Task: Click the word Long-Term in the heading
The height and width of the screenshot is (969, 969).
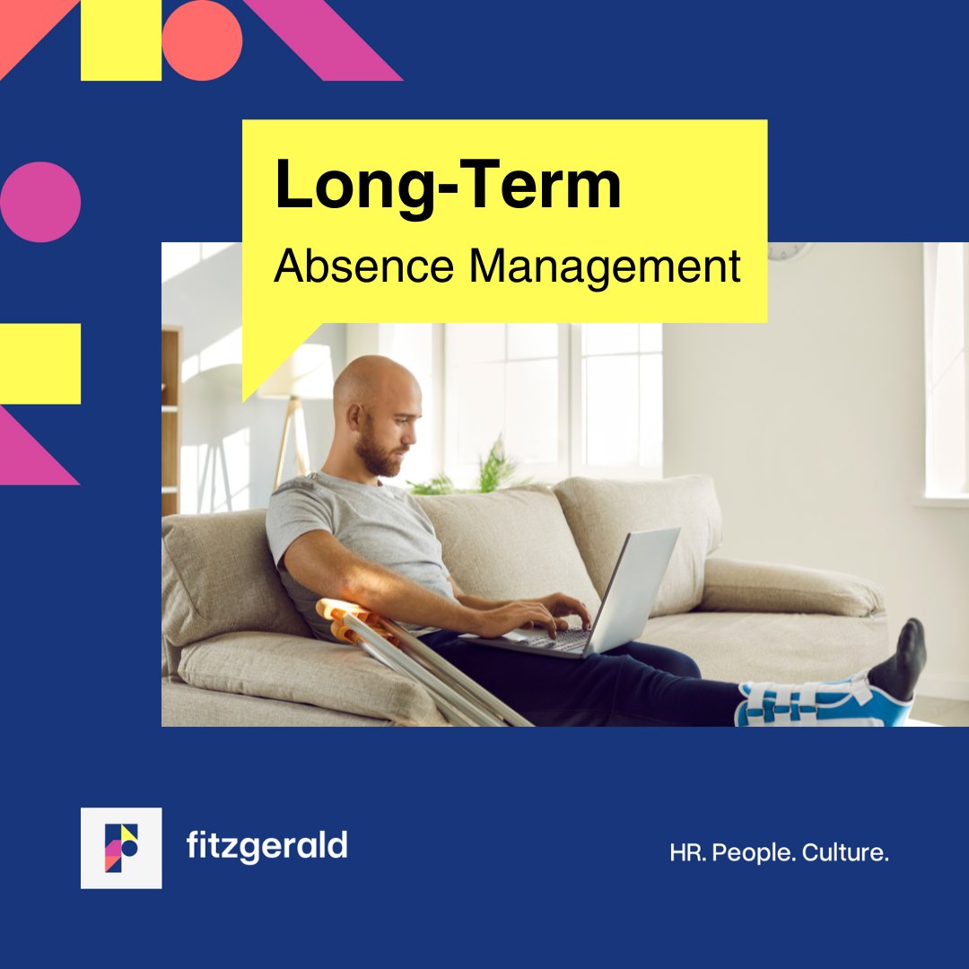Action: point(448,186)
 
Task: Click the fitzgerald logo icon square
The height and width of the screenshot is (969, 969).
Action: point(121,848)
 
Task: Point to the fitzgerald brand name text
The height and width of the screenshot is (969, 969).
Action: point(266,845)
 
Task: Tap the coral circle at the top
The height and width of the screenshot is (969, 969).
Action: point(202,40)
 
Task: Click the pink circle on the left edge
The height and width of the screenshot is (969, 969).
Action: point(40,202)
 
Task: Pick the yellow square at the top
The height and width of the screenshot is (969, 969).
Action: point(121,40)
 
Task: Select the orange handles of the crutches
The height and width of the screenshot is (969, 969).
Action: point(345,619)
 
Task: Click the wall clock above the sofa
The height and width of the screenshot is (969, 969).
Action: point(790,250)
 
